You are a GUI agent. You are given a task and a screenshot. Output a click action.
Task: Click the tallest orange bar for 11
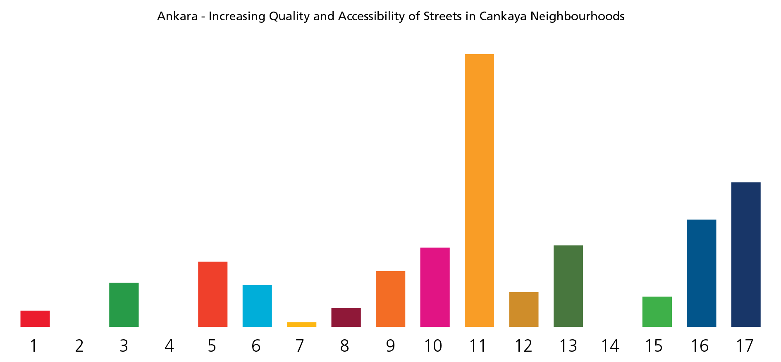tap(479, 190)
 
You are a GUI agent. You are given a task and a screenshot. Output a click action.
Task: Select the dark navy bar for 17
tap(745, 255)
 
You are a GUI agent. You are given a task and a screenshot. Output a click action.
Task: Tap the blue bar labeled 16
tap(701, 273)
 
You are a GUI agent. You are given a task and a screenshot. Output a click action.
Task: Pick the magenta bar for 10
tap(435, 287)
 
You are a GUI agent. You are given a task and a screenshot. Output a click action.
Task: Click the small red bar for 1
tap(35, 319)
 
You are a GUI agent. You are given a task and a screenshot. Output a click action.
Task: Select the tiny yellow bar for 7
tap(301, 325)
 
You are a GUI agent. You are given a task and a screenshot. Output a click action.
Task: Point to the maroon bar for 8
tap(346, 317)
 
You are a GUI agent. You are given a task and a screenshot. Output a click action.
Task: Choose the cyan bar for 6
tap(257, 306)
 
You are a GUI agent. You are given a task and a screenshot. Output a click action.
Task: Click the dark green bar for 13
tap(568, 286)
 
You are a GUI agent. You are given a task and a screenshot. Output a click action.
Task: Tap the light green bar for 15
tap(657, 312)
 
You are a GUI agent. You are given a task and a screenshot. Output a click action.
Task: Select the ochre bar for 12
tap(523, 310)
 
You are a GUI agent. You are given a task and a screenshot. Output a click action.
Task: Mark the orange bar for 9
tap(390, 299)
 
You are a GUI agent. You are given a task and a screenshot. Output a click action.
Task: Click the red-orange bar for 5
tap(213, 294)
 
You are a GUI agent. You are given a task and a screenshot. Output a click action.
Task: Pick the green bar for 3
tap(124, 305)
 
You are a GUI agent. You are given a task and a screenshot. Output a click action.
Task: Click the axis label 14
tap(610, 346)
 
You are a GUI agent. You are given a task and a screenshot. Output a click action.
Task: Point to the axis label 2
tap(79, 346)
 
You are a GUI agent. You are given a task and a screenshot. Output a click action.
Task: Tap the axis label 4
tap(169, 346)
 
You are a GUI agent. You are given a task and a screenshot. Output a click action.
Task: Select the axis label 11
tap(478, 346)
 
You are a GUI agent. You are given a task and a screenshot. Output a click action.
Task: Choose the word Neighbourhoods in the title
tap(577, 17)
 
